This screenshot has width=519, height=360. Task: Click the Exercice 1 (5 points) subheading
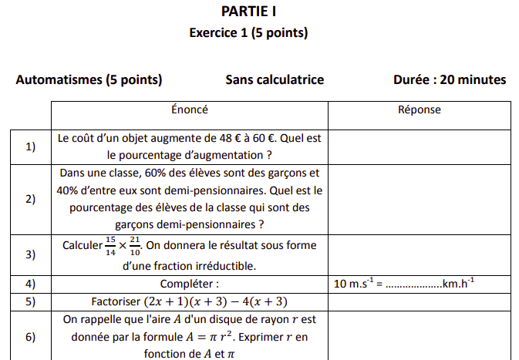(x=248, y=33)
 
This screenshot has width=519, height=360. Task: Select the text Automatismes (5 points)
(x=89, y=79)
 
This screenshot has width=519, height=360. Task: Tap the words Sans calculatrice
(x=275, y=79)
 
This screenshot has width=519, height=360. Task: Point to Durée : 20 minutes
(x=450, y=79)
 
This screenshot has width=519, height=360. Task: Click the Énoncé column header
(x=189, y=109)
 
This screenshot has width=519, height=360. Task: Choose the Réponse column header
(x=420, y=109)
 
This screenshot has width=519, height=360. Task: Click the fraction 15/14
(x=110, y=246)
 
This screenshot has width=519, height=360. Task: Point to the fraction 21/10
(x=135, y=246)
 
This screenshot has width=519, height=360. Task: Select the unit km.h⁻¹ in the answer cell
(x=457, y=284)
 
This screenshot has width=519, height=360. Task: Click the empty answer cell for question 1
(x=420, y=146)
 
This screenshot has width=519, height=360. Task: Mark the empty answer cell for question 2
(x=420, y=199)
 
